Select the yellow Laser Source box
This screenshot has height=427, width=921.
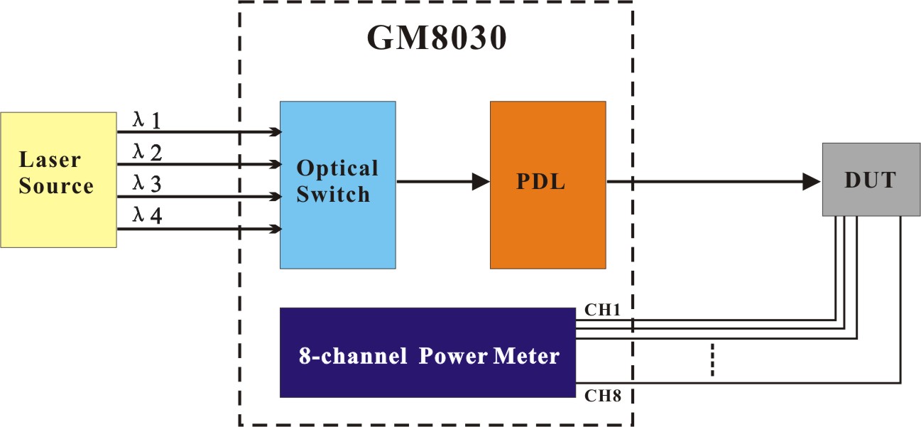(x=58, y=179)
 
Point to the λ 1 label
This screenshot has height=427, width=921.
(x=147, y=121)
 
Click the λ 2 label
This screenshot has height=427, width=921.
(x=147, y=153)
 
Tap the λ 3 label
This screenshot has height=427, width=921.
(x=147, y=184)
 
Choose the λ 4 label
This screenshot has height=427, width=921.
(x=147, y=216)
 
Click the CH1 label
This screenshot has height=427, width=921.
(x=602, y=310)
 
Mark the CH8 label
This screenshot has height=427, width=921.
(x=603, y=396)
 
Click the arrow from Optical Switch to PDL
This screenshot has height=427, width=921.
(x=443, y=182)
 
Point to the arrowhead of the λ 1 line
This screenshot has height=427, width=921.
(x=276, y=131)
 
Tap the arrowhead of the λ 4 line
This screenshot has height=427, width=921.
(x=276, y=229)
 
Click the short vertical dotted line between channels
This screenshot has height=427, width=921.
(x=711, y=361)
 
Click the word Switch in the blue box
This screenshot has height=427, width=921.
(x=333, y=194)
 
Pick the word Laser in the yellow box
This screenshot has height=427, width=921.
(x=50, y=161)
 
